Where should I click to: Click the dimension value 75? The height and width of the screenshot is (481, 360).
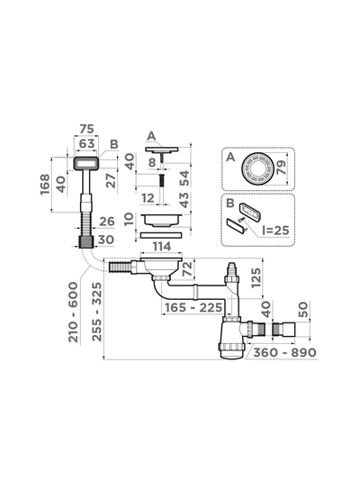coord(86,129)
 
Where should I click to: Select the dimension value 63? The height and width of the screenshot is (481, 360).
coord(86,143)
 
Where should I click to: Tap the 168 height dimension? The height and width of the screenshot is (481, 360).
coord(45,184)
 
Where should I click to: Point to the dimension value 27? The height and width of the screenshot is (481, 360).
coord(112,181)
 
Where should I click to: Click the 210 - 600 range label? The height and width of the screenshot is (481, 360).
coord(74,313)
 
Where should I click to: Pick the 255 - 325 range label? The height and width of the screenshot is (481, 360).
coord(97,313)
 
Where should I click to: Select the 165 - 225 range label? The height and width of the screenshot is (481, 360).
coord(193,308)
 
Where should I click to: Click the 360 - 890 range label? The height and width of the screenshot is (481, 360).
coord(284,353)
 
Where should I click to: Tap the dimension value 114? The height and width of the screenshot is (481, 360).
coord(162,246)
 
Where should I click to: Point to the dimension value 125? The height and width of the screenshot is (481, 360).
coord(256,278)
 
